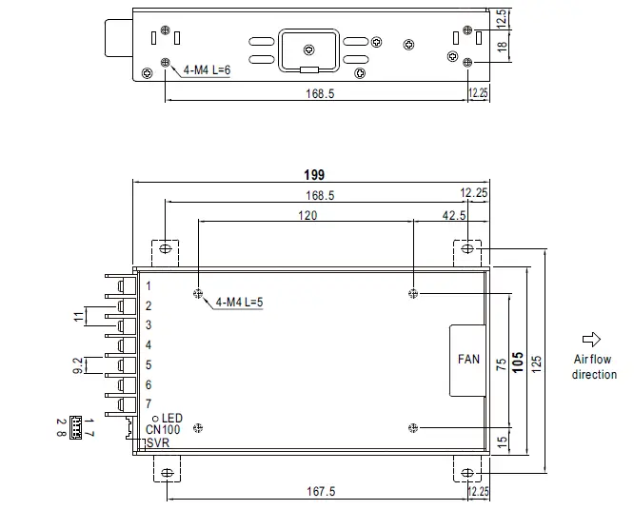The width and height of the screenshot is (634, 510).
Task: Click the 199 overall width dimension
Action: pyautogui.click(x=315, y=174)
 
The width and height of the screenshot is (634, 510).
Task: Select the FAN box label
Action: pyautogui.click(x=468, y=361)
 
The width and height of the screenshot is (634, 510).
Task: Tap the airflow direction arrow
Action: pyautogui.click(x=591, y=338)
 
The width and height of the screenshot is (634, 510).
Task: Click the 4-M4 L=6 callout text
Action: pyautogui.click(x=208, y=70)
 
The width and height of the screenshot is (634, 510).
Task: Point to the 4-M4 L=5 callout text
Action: pyautogui.click(x=240, y=302)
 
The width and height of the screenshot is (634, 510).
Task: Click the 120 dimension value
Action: pyautogui.click(x=306, y=215)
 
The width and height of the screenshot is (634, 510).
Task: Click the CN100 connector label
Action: pyautogui.click(x=163, y=429)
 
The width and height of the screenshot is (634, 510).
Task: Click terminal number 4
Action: pyautogui.click(x=149, y=344)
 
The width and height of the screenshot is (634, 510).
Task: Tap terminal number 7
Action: pyautogui.click(x=149, y=403)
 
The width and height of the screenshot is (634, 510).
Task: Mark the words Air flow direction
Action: pyautogui.click(x=593, y=366)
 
